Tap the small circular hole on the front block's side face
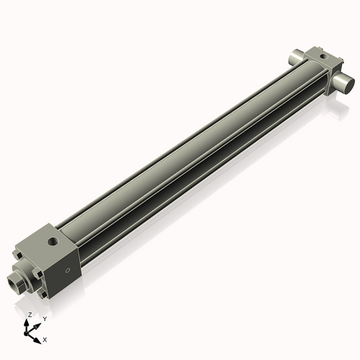[x=68, y=271]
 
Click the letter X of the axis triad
[x=45, y=338]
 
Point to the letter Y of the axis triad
[x=45, y=318]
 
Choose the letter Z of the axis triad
[x=30, y=315]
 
